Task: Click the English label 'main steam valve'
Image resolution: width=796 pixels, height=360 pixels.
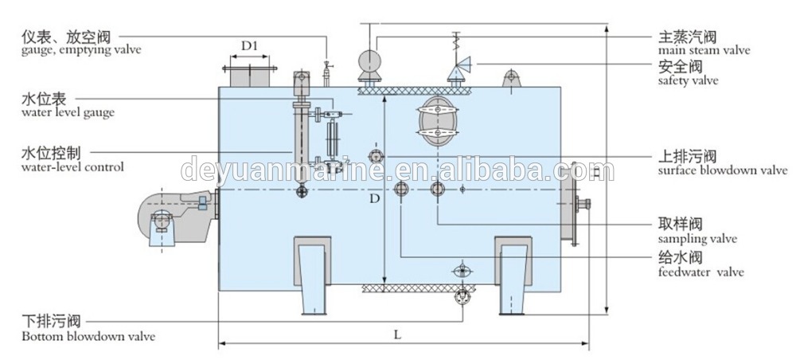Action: pyautogui.click(x=704, y=50)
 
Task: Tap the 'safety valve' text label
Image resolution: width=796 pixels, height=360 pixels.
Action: pyautogui.click(x=688, y=80)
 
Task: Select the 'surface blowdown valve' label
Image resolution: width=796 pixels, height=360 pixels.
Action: pyautogui.click(x=723, y=170)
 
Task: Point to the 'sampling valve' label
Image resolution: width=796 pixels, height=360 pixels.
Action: pyautogui.click(x=697, y=238)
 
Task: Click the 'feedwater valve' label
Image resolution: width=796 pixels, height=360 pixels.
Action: pyautogui.click(x=700, y=272)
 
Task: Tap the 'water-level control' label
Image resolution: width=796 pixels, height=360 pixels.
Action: pyautogui.click(x=72, y=166)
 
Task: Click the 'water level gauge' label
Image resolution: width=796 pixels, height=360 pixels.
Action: pyautogui.click(x=68, y=112)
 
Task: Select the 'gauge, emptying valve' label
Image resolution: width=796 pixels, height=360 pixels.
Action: pyautogui.click(x=81, y=50)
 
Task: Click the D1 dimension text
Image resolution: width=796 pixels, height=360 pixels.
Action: pyautogui.click(x=250, y=46)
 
